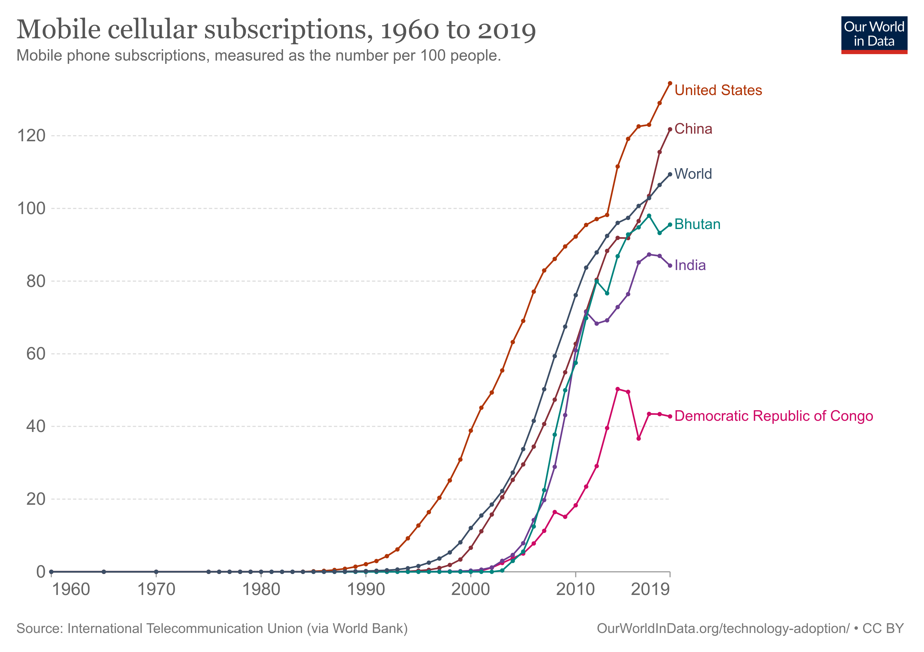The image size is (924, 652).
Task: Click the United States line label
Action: point(718,90)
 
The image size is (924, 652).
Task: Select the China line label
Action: point(693,129)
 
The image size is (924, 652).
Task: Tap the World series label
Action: point(693,174)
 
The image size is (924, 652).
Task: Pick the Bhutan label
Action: point(697,224)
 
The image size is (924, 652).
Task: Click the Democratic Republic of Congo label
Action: point(773,416)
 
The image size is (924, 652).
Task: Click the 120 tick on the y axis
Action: point(31,136)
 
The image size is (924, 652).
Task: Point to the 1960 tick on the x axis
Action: point(71,590)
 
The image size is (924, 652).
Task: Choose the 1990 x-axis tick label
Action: point(366,590)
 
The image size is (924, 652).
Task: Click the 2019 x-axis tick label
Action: point(650,590)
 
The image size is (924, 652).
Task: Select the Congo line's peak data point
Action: point(618,389)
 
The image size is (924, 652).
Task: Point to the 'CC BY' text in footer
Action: point(883,628)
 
